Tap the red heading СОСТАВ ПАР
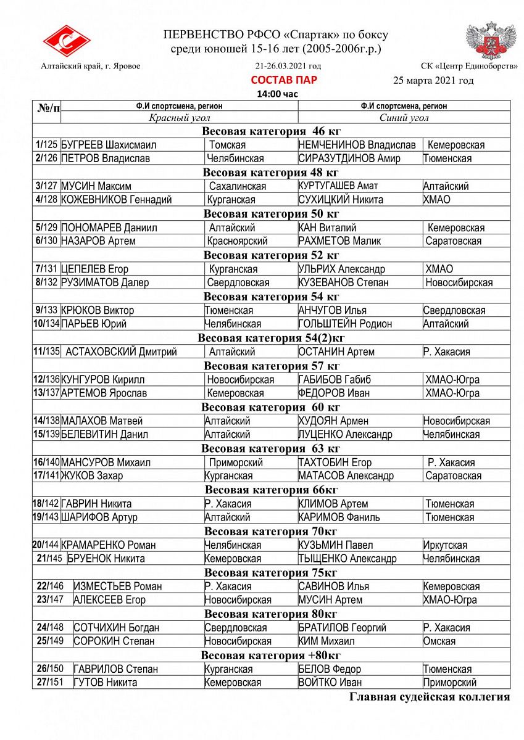[x=284, y=80]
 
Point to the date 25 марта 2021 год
[x=433, y=81]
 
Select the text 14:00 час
[x=277, y=94]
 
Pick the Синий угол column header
[x=404, y=118]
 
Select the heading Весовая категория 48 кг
[x=271, y=172]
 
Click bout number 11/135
[x=47, y=351]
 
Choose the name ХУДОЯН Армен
[x=333, y=421]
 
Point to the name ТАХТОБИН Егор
[x=335, y=462]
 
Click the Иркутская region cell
[x=445, y=545]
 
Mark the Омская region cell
[x=439, y=641]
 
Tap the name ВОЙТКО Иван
[x=330, y=683]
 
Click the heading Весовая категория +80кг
[x=271, y=655]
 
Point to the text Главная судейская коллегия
[x=430, y=697]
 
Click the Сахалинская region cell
[x=238, y=186]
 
